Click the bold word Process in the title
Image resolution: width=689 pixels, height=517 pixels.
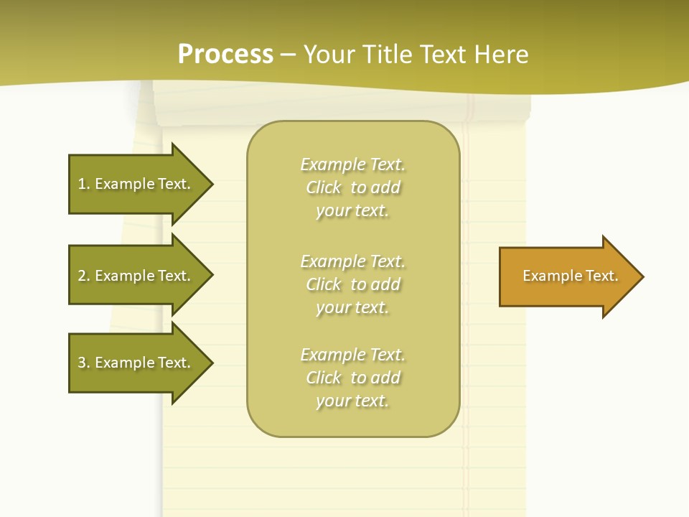[x=225, y=55]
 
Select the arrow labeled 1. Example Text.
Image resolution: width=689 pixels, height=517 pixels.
[x=136, y=184]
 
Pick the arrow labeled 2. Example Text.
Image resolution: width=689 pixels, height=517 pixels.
[x=136, y=276]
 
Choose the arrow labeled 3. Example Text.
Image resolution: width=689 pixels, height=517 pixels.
[x=136, y=363]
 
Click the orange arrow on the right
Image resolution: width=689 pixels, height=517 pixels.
[x=567, y=276]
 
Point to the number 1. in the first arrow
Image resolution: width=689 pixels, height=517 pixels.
[x=84, y=184]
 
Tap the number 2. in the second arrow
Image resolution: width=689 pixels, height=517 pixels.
[x=84, y=276]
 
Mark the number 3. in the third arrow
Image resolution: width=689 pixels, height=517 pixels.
[x=84, y=363]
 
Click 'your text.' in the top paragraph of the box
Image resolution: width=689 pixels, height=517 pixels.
[x=352, y=211]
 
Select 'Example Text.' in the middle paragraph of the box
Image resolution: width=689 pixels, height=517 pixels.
[x=352, y=261]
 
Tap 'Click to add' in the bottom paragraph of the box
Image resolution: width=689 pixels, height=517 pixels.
[x=352, y=378]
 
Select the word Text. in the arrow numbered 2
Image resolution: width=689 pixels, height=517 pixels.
[x=174, y=276]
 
